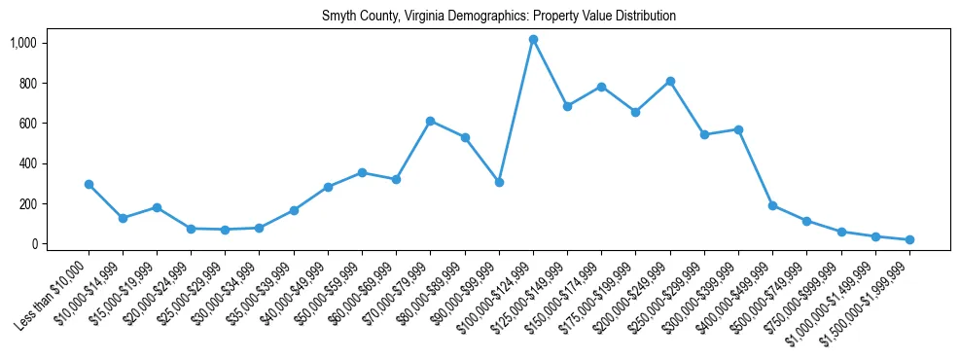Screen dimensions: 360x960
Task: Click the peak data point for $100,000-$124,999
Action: click(533, 39)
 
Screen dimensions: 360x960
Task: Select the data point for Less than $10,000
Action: click(89, 184)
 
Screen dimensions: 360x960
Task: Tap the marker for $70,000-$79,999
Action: click(430, 121)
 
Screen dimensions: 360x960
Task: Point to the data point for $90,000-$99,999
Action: click(499, 182)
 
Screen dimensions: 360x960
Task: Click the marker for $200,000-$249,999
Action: click(670, 81)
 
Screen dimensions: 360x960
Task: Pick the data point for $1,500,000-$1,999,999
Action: click(909, 239)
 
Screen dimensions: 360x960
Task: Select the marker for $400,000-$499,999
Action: click(772, 205)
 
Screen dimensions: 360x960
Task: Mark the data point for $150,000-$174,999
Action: click(601, 87)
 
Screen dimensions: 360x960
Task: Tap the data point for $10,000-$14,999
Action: click(123, 218)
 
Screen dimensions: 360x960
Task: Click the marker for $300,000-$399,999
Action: click(738, 129)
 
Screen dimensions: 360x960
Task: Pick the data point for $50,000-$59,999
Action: click(362, 172)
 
